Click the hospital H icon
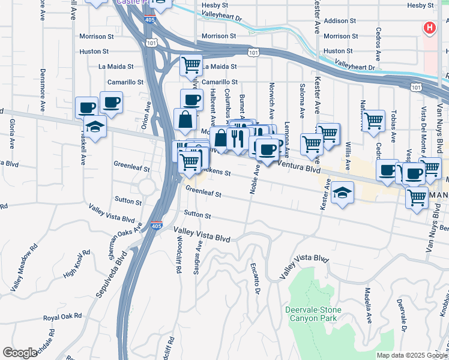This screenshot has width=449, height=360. click(x=430, y=28)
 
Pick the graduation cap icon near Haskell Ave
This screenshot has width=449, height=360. click(x=95, y=126)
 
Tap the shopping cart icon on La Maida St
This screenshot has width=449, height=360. click(x=191, y=64)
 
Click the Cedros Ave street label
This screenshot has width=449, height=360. click(x=378, y=43)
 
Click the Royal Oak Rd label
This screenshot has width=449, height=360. click(x=62, y=316)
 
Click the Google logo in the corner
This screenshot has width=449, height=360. click(x=20, y=352)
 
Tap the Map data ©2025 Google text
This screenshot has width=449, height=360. click(x=411, y=355)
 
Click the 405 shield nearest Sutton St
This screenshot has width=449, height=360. click(x=155, y=226)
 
